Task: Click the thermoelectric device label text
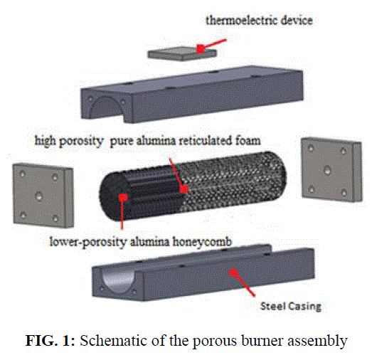tap(259, 20)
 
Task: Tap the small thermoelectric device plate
tap(182, 53)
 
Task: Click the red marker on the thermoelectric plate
tap(201, 49)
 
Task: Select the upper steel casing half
tap(192, 94)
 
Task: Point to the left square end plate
tap(43, 196)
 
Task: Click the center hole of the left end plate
tap(38, 196)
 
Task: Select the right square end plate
tap(331, 169)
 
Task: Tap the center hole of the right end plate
tap(327, 170)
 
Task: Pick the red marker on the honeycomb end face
tap(123, 197)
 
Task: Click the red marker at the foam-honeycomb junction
tap(184, 189)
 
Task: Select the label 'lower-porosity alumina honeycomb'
tap(141, 242)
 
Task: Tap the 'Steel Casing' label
tap(291, 306)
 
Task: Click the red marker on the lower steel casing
tap(234, 272)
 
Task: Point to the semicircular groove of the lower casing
tap(118, 282)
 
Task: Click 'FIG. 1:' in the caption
tap(50, 341)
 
